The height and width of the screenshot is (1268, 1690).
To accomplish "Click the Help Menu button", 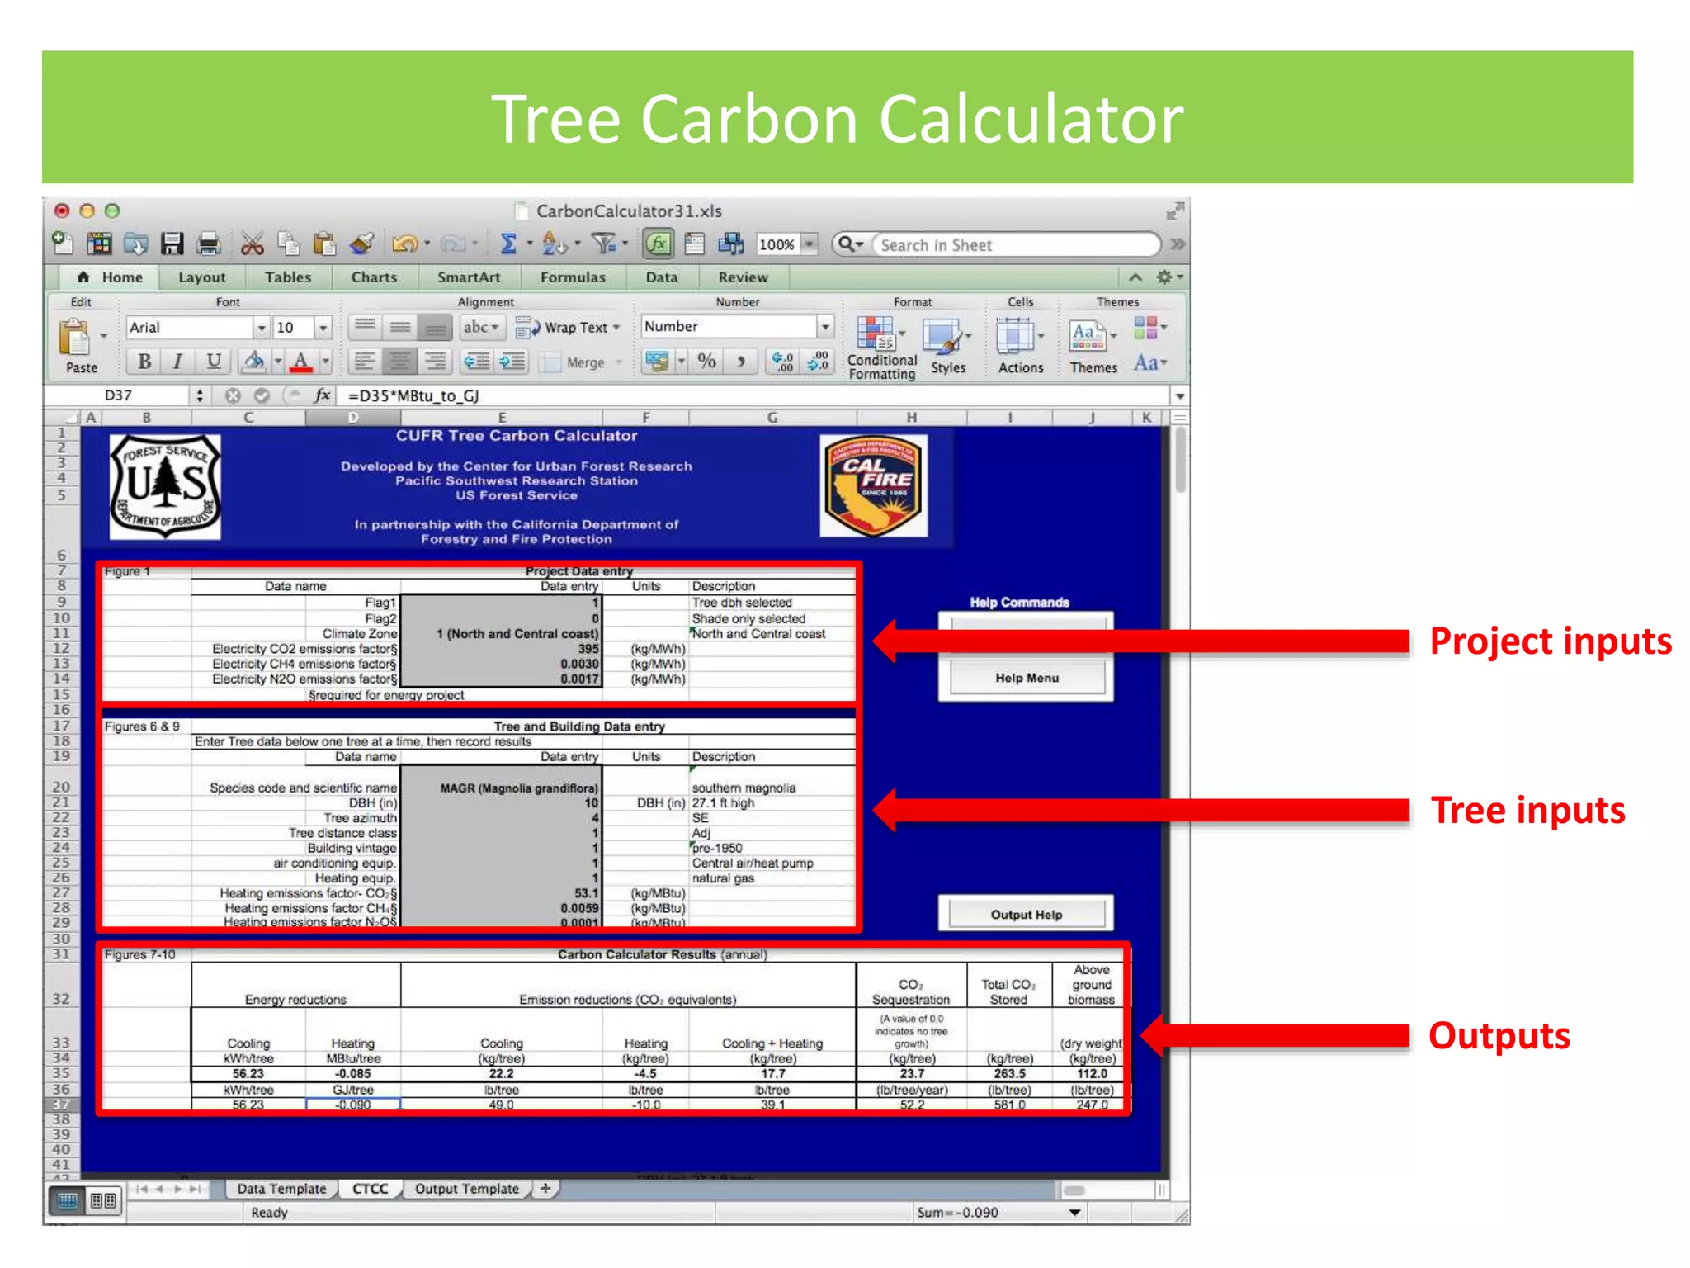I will [1026, 678].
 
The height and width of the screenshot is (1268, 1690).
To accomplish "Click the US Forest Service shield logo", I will [166, 486].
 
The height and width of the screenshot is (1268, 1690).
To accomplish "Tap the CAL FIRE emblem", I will [873, 486].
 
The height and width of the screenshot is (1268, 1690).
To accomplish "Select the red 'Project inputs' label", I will [1550, 641].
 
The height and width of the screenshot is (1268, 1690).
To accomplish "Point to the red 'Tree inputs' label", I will [1527, 811].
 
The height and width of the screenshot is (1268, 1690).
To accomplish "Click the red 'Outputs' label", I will [1499, 1036].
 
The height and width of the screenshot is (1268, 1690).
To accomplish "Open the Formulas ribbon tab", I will [573, 277].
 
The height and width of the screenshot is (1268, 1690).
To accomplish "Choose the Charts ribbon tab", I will [374, 277].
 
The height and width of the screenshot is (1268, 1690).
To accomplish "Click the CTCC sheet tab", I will [370, 1189].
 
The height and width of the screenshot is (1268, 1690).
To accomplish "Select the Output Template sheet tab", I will [467, 1189].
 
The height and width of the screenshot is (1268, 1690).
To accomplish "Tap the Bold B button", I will [144, 362].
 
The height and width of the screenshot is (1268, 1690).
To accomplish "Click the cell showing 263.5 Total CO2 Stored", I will [1009, 1074].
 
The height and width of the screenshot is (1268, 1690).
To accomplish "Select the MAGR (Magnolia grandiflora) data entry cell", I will [518, 788].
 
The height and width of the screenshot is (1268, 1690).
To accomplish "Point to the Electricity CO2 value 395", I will [588, 649].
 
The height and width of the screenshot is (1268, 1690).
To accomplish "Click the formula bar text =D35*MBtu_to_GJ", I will [413, 395].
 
